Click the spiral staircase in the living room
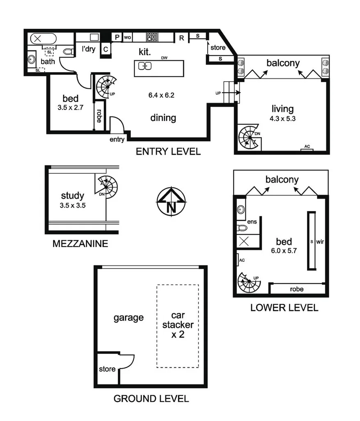tap(249, 136)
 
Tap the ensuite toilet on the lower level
tap(242, 228)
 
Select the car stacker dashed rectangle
tap(177, 326)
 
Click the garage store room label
tap(107, 369)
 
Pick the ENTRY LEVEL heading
tap(168, 152)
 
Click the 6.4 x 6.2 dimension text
tap(161, 96)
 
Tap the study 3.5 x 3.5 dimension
tap(73, 206)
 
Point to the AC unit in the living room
tap(307, 148)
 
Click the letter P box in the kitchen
tap(117, 37)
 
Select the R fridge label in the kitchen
tap(181, 38)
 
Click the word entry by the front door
tap(117, 140)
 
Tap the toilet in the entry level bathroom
tap(68, 52)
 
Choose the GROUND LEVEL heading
tap(151, 398)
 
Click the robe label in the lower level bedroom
tap(296, 289)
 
